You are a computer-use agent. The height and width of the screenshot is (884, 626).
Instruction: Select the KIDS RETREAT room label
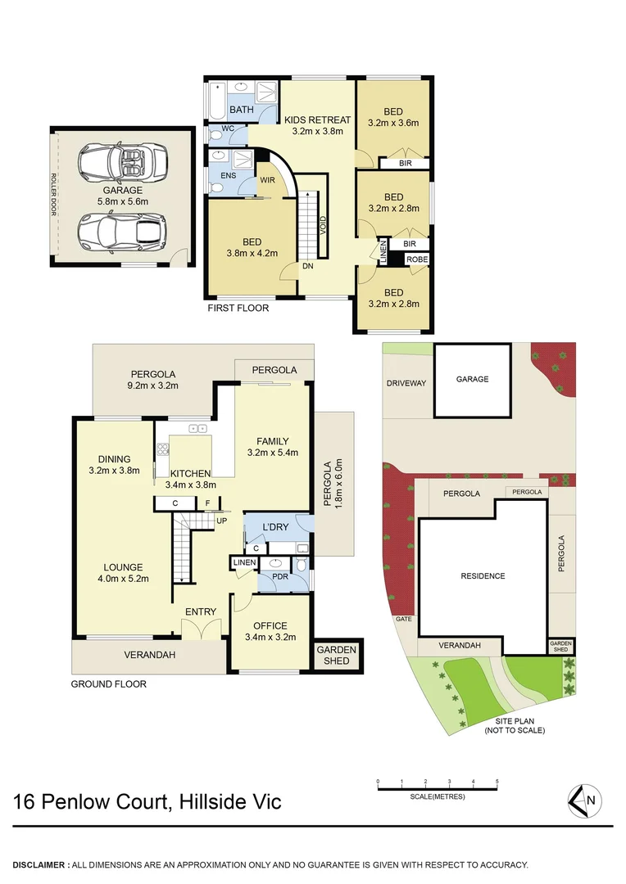click(x=322, y=120)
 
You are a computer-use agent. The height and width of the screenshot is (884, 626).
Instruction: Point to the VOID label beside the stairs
click(x=323, y=226)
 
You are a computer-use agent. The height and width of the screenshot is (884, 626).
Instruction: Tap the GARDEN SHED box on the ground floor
click(x=337, y=655)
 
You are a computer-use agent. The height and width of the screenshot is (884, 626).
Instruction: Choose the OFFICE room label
click(x=270, y=626)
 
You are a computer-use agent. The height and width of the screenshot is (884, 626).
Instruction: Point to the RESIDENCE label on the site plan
click(x=483, y=576)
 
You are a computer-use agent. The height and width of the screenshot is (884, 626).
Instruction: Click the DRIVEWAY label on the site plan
click(x=407, y=383)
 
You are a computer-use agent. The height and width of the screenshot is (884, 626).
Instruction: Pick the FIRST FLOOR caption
click(x=238, y=309)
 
